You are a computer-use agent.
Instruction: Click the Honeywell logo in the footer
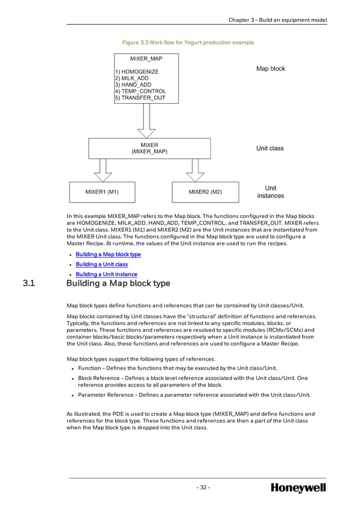point(298,488)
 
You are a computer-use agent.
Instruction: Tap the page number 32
point(203,488)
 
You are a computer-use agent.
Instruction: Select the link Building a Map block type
point(108,254)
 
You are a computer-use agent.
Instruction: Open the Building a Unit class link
point(102,264)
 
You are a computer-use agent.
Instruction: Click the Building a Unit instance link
point(106,274)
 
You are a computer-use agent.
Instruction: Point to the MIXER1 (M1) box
point(102,192)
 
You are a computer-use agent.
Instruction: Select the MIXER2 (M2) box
point(205,192)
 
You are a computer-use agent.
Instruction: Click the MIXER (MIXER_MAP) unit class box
point(150,148)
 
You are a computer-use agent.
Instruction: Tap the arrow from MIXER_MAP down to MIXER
point(146,120)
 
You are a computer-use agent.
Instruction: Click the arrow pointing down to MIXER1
point(103,169)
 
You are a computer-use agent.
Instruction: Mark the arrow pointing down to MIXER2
point(195,169)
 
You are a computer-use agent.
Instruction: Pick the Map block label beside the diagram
point(270,69)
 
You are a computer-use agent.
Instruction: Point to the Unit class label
point(270,148)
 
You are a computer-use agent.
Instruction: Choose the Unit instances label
point(270,192)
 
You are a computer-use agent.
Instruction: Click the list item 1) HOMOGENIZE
point(137,72)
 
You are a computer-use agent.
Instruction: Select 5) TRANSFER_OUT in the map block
point(140,97)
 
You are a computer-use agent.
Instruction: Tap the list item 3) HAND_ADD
point(133,85)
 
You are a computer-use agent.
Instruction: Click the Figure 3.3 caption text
point(188,42)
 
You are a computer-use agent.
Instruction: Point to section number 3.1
point(29,283)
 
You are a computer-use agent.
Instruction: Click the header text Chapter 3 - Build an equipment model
point(277,20)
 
